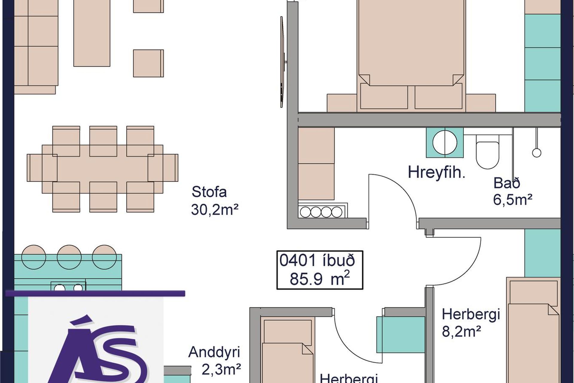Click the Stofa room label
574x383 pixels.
209,192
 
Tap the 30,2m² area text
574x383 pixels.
215,210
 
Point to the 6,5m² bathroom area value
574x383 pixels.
513,200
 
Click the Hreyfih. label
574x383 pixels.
436,173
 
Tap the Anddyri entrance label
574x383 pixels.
214,352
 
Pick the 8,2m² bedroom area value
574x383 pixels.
461,332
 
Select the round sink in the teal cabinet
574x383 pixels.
445,142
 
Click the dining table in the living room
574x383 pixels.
103,169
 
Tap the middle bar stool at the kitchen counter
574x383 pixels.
69,257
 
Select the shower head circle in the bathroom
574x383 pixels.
537,153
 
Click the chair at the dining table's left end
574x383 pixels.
42,168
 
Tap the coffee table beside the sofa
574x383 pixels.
92,33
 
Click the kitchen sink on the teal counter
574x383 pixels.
68,286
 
